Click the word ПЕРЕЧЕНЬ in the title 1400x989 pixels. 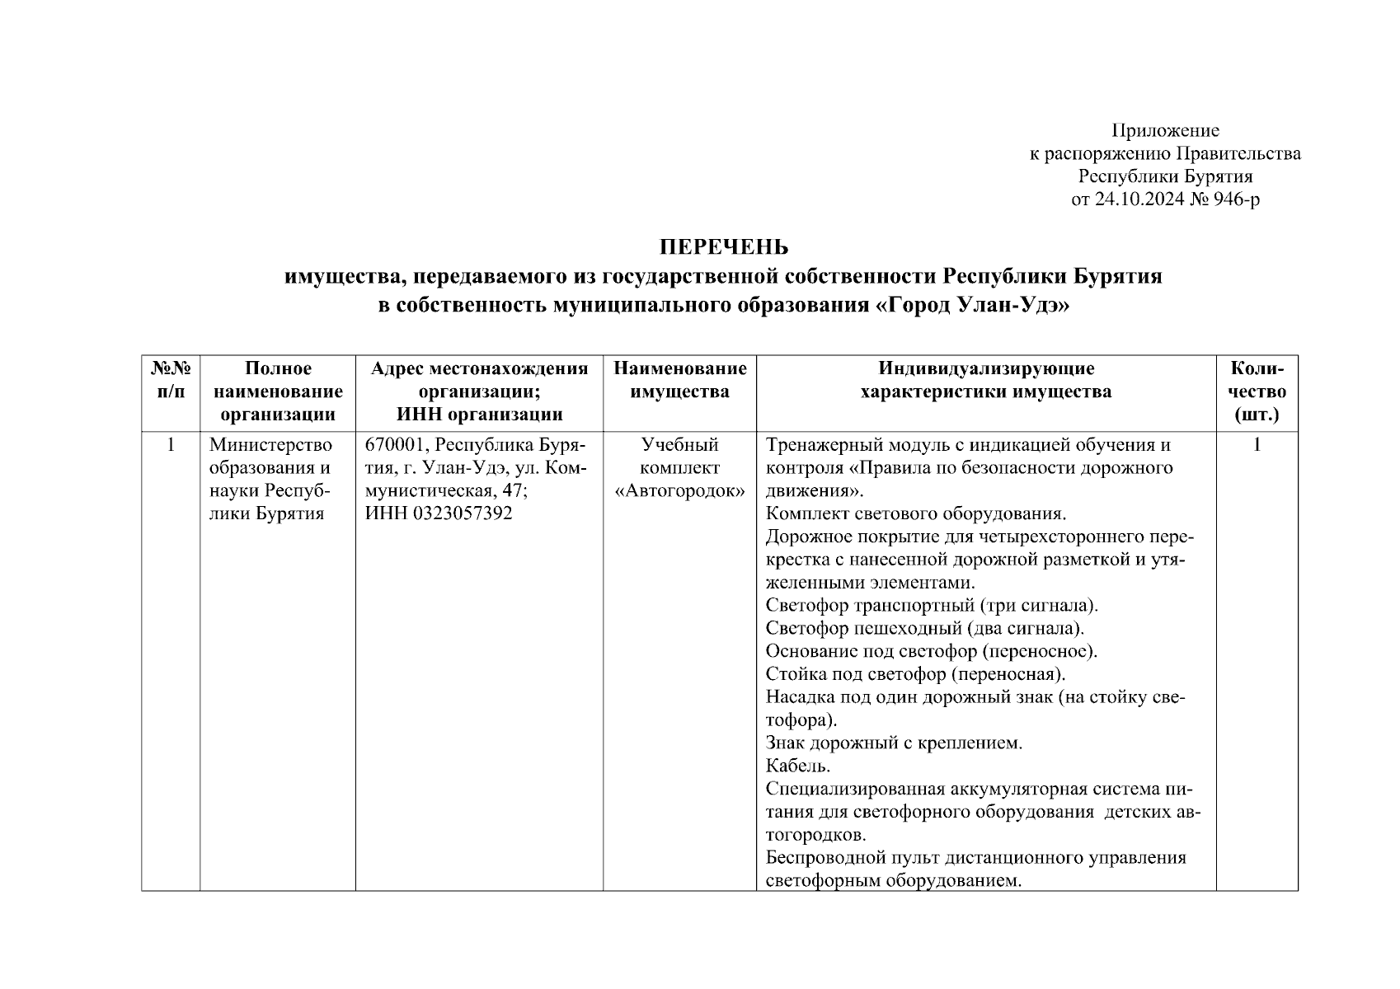point(723,247)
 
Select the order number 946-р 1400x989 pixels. point(1236,199)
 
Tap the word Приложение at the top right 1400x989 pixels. point(1165,130)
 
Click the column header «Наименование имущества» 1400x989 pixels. point(679,380)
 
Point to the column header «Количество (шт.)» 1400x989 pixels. point(1257,391)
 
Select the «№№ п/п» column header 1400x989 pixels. point(171,380)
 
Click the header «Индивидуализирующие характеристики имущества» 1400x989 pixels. point(985,380)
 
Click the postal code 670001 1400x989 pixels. point(396,445)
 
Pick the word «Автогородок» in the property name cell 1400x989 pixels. point(679,491)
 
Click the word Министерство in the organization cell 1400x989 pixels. point(270,445)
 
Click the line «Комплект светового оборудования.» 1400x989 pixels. point(916,513)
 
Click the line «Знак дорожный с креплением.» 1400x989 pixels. point(894,743)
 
